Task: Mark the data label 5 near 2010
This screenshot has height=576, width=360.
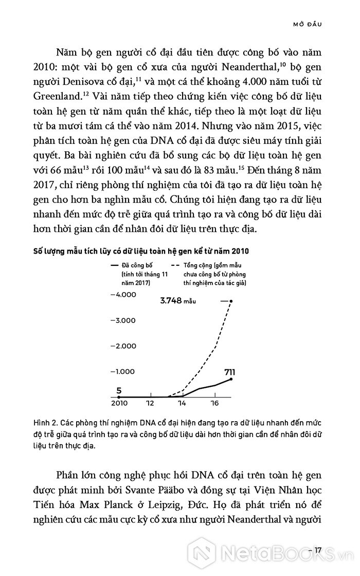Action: point(120,390)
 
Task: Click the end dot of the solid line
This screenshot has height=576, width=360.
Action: point(231,379)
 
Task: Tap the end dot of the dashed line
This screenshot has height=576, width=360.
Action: point(231,301)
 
